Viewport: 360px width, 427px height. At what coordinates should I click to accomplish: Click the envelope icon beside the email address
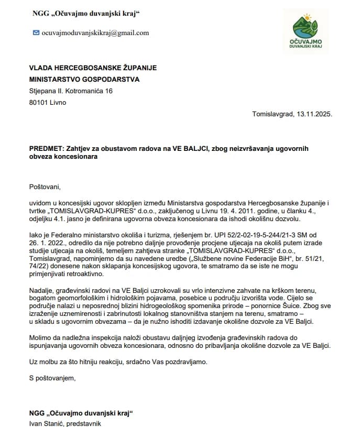point(36,32)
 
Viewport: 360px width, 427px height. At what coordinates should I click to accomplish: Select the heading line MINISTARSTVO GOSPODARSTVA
point(84,80)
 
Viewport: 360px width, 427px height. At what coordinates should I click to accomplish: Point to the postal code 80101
point(40,102)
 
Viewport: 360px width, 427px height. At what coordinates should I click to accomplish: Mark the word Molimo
point(41,338)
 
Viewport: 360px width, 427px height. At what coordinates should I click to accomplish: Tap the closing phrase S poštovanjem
point(53,378)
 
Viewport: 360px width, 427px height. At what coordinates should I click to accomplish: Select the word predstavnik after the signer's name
point(84,423)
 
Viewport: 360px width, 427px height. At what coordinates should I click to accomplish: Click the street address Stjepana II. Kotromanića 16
point(71,91)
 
